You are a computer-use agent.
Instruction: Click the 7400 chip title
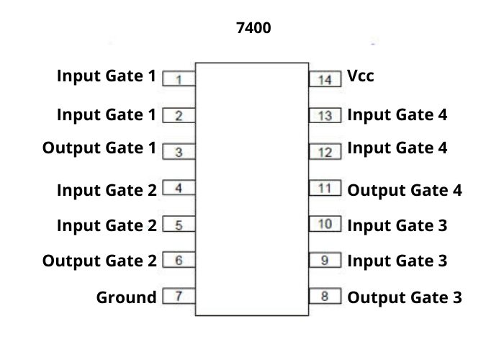point(254,30)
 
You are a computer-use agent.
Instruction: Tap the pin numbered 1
point(179,78)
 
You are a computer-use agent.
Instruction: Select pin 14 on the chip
point(325,78)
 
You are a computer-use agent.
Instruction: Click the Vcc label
point(361,76)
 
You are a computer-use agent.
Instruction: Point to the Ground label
point(126,297)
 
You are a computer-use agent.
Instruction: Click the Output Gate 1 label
point(99,148)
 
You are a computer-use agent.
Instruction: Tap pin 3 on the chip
point(179,152)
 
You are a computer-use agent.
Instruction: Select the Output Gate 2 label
point(99,261)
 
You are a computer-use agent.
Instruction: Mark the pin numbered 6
point(179,261)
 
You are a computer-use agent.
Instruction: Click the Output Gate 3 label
point(405,297)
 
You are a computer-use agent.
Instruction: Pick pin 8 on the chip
point(325,296)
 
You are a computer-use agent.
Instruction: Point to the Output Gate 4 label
point(405,191)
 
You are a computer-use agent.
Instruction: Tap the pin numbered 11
point(325,189)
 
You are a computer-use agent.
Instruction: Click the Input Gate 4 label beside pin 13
point(397,114)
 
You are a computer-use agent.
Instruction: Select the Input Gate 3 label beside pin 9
point(397,261)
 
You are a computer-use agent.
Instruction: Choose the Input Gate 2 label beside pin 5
point(107,225)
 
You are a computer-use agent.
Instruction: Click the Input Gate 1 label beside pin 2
point(107,114)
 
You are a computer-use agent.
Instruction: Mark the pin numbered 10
point(325,224)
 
